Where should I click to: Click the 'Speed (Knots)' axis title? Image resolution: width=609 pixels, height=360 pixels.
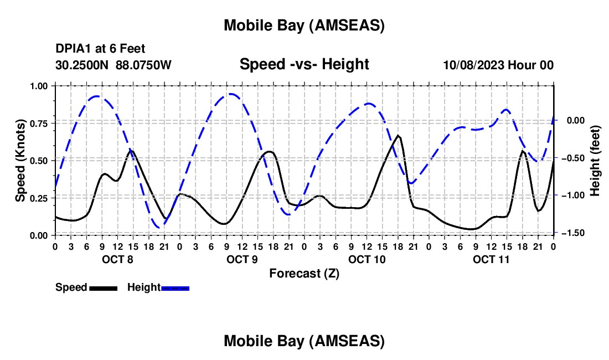pos(20,160)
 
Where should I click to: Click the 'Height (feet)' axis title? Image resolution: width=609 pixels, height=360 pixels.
pos(595,160)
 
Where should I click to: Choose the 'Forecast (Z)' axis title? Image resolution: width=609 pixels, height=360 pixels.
pos(304,273)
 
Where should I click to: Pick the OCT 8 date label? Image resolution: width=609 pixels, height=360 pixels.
pos(117,259)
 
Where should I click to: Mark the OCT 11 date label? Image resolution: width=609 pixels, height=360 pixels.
pos(491,259)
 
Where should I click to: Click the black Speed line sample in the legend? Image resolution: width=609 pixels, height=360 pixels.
pos(103,288)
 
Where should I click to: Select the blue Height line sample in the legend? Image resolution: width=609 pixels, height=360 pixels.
pos(176,288)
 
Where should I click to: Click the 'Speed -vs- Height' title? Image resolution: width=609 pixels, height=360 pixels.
pos(304,64)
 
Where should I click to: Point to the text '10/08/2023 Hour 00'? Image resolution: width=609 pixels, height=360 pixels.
pos(498,65)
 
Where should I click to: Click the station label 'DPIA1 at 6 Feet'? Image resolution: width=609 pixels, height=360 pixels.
pos(100,49)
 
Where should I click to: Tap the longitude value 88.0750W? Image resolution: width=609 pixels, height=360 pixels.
pos(143,65)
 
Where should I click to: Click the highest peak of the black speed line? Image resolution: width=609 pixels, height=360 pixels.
pos(398,135)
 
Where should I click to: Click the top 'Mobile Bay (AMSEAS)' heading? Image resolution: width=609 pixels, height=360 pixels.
pos(304,25)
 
